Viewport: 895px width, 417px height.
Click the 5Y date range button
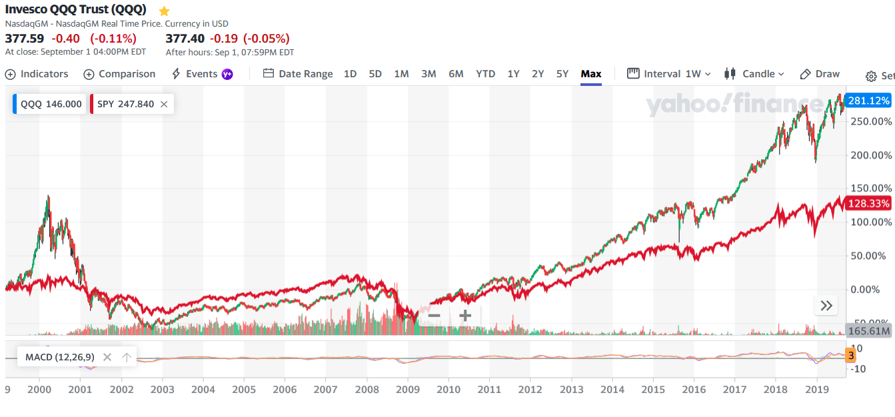562,74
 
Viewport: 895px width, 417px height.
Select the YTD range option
485,74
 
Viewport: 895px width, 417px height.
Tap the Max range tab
590,74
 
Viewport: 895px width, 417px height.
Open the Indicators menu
37,74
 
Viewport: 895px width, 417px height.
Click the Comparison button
119,74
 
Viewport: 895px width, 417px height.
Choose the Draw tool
820,74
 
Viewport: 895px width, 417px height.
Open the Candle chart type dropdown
754,74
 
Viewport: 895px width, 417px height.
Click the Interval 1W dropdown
669,74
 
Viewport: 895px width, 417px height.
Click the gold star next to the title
164,11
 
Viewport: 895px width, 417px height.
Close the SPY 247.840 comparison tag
164,104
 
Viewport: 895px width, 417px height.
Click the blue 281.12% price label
868,101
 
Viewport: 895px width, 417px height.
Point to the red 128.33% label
868,204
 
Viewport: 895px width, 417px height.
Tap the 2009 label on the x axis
407,390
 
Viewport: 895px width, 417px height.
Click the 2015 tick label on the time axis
652,390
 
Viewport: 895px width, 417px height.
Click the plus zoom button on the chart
465,315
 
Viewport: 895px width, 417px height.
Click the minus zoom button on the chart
434,315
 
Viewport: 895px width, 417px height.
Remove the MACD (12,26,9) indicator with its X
107,357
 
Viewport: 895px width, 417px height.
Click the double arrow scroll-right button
826,306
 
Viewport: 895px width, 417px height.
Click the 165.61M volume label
868,330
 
